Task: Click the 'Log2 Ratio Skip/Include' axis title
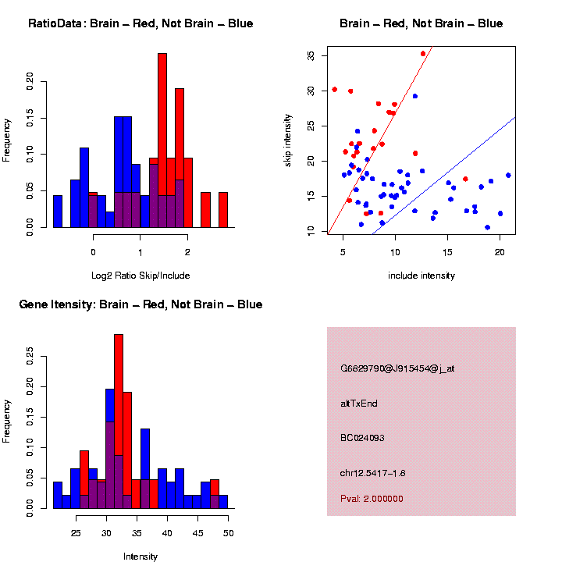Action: click(x=140, y=275)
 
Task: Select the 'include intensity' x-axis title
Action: click(x=421, y=275)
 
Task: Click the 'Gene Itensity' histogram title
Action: click(x=140, y=304)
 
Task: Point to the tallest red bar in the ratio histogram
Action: click(x=162, y=140)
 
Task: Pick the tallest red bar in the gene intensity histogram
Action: click(x=119, y=421)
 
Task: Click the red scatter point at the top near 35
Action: click(x=423, y=54)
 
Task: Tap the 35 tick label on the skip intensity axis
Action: click(x=311, y=56)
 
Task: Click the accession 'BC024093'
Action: click(x=362, y=438)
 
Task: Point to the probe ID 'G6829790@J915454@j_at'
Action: click(x=397, y=368)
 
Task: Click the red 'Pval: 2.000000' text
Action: click(x=372, y=499)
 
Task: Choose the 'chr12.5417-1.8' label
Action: click(x=372, y=473)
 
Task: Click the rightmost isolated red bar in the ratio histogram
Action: click(x=222, y=210)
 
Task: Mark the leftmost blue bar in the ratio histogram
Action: click(x=58, y=212)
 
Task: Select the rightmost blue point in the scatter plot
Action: click(x=508, y=175)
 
